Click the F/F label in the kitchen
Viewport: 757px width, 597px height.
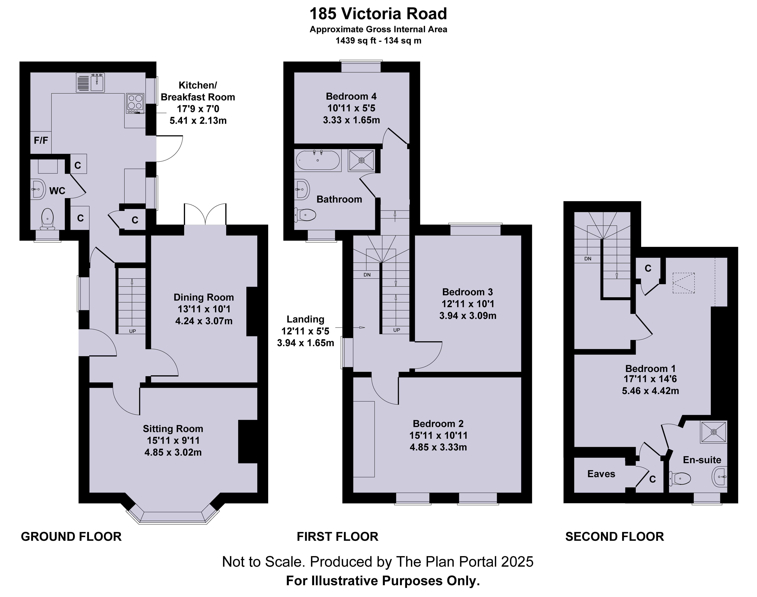41,141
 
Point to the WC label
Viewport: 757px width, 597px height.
57,191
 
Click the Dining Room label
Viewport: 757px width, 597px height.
203,297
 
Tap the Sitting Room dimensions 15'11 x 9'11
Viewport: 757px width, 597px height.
173,440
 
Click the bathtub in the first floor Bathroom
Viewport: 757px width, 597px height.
318,160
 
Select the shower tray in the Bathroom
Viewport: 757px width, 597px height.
361,160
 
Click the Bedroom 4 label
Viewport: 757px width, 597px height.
351,96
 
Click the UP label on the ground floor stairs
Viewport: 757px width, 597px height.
132,331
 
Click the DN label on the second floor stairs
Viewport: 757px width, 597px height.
588,259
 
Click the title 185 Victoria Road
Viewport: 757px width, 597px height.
378,14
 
